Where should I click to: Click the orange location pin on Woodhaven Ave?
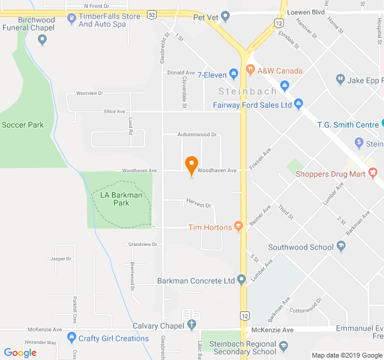[x=191, y=165]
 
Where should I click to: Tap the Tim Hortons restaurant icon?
[x=238, y=227]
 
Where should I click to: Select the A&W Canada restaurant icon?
[x=250, y=70]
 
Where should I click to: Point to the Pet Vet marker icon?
[x=226, y=16]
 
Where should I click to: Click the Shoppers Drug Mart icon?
[x=374, y=174]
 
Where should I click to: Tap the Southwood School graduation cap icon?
[x=341, y=247]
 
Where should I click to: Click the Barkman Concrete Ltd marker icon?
[x=242, y=280]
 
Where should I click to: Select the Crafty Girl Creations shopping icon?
[x=71, y=338]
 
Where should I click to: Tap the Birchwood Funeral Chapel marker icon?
[x=42, y=40]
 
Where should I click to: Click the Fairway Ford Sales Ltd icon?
[x=299, y=104]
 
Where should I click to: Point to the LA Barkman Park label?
[x=121, y=199]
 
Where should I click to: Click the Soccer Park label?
[x=23, y=125]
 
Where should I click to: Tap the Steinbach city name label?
[x=247, y=91]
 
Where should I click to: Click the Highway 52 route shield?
[x=152, y=14]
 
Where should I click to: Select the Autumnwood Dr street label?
[x=196, y=135]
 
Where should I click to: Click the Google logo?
[x=20, y=352]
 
